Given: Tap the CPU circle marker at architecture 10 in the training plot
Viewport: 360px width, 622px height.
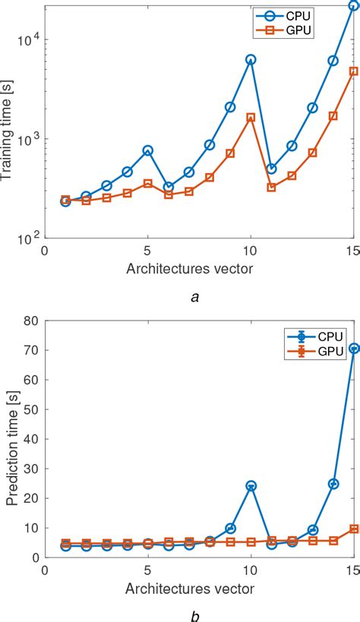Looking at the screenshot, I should pos(251,59).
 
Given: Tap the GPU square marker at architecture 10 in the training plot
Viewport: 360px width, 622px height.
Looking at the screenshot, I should pos(251,118).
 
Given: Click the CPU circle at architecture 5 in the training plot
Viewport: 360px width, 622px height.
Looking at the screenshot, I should pos(148,150).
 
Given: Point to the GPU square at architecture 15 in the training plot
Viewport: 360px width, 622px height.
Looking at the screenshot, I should pos(353,71).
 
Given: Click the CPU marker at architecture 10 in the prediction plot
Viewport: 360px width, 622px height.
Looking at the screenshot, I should pos(251,485).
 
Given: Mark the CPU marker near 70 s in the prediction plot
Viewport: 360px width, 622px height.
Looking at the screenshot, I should pos(353,349).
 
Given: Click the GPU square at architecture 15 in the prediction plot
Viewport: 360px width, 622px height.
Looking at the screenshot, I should pos(353,529).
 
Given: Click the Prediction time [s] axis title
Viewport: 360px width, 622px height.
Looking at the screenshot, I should pos(11,440).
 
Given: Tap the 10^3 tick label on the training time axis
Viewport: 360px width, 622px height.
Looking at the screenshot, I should pos(28,138).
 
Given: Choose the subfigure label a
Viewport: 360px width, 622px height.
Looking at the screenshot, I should pos(195,298).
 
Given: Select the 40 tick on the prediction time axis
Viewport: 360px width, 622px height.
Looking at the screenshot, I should pos(30,439).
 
